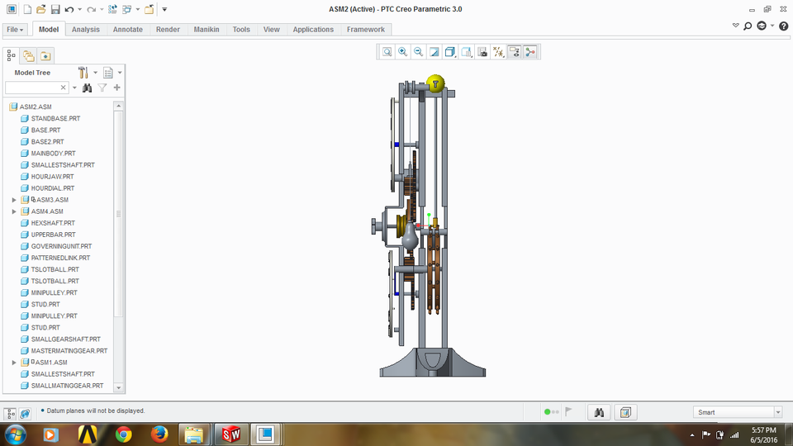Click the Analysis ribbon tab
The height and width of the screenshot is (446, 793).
coord(85,29)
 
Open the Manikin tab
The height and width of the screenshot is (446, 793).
coord(206,29)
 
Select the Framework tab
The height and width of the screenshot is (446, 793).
coord(365,29)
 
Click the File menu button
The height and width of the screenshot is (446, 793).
coord(15,29)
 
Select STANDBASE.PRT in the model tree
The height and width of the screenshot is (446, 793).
coord(55,119)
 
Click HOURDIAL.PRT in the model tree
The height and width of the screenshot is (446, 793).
coord(52,188)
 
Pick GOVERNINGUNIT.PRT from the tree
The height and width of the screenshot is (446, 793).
coord(61,246)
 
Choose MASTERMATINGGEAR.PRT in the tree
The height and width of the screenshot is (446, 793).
coord(69,351)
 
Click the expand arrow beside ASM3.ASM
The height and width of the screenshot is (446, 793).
coord(14,200)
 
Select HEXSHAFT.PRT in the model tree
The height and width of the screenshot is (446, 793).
coord(53,223)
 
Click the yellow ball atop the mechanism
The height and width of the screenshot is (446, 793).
coord(435,83)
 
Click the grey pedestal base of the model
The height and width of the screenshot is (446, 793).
coord(430,363)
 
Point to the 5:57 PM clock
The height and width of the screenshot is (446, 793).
coord(764,430)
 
